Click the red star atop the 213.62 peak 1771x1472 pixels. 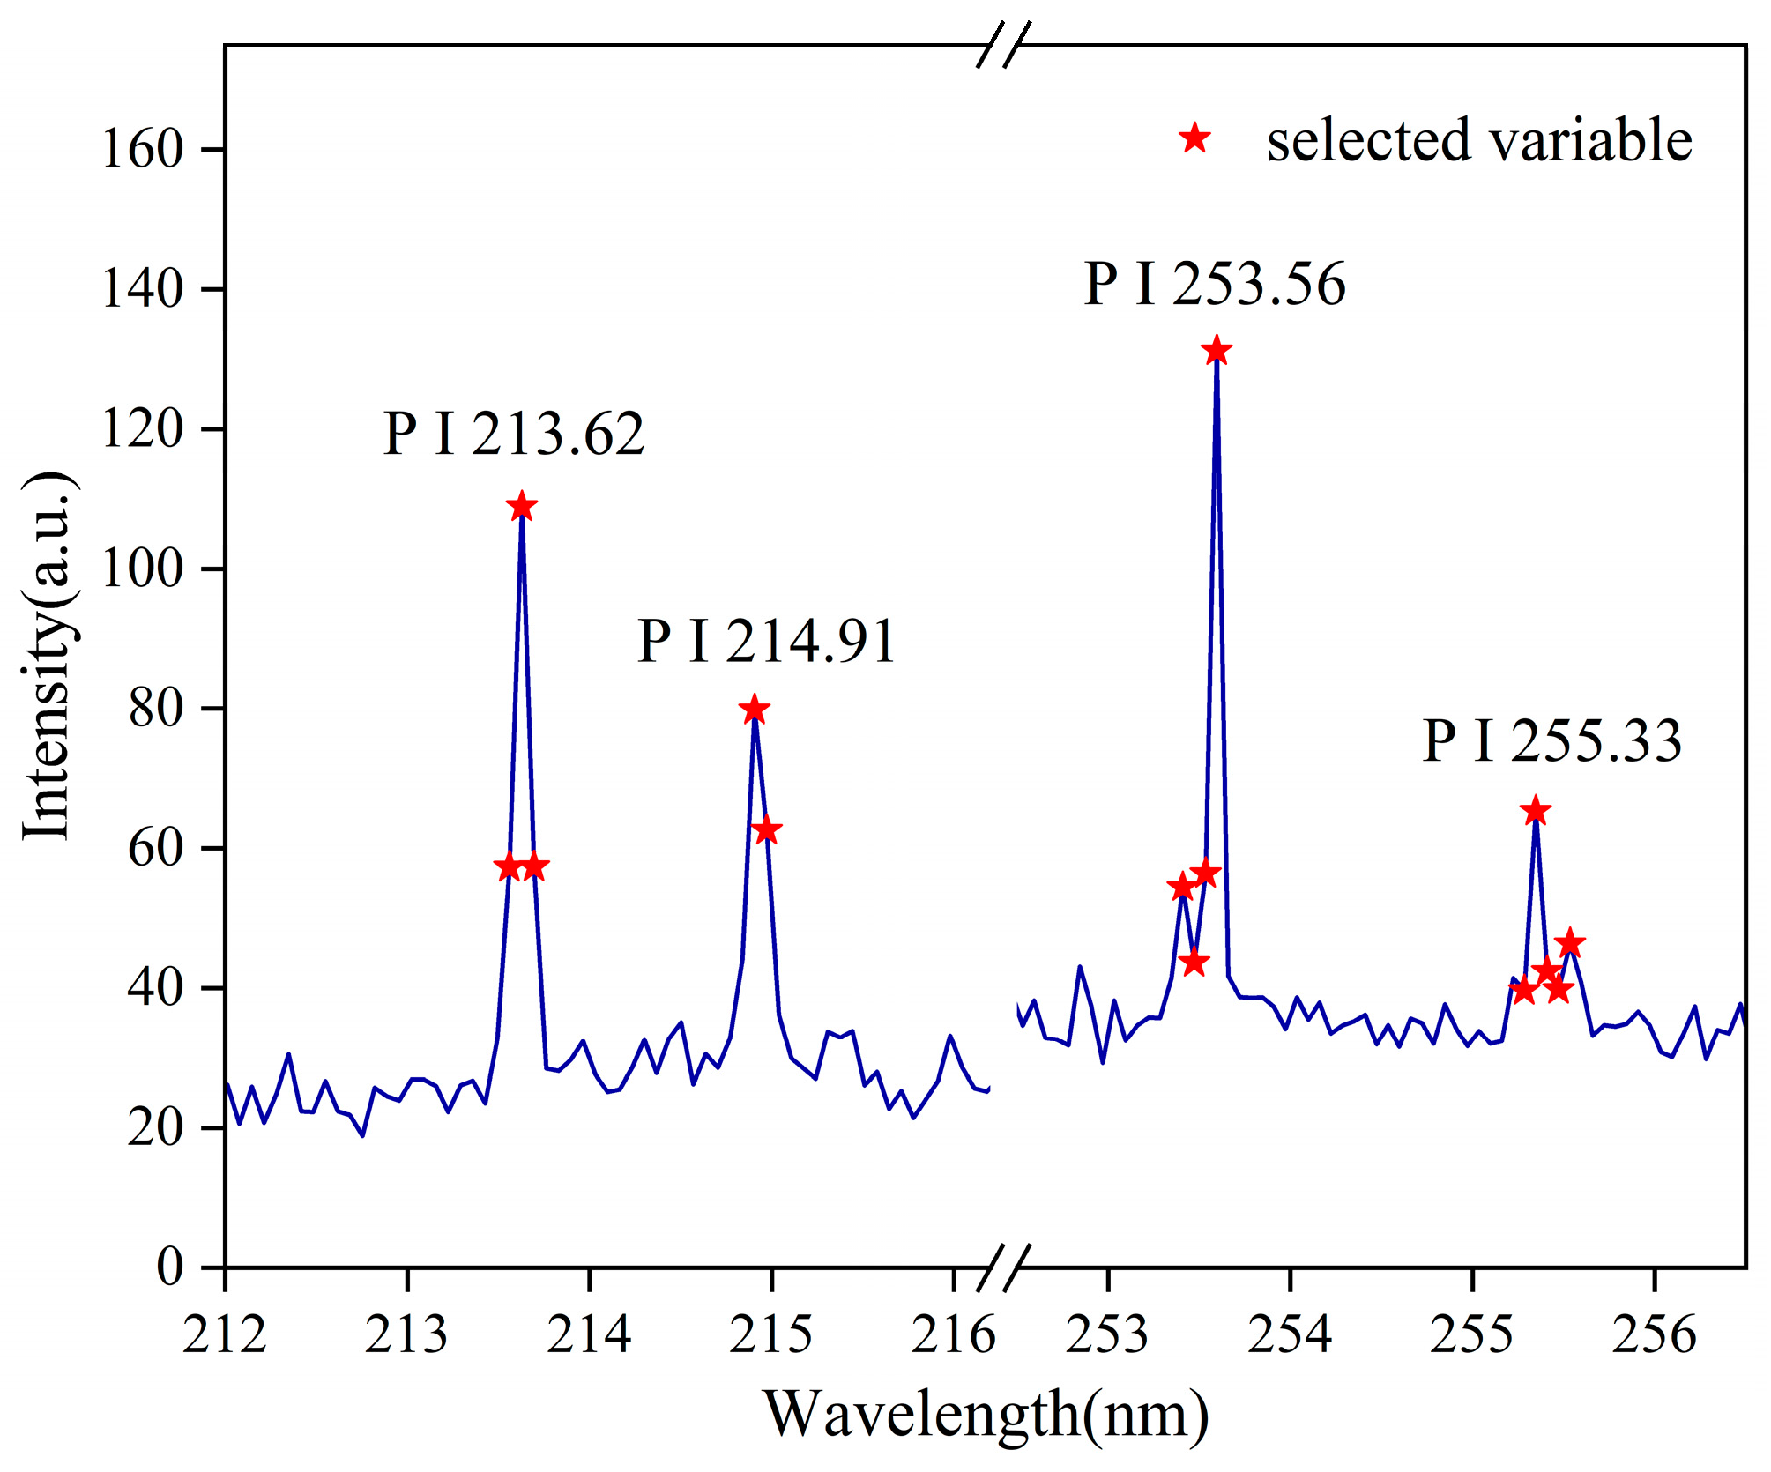[522, 506]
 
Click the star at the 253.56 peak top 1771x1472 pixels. [1217, 350]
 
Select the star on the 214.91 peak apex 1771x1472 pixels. [754, 709]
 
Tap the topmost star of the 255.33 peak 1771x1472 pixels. [1536, 810]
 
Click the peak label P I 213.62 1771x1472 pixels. [514, 434]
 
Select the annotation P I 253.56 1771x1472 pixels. [1215, 284]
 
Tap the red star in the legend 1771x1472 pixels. [1195, 138]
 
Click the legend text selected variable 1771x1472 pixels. [1479, 140]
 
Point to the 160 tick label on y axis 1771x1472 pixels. [142, 148]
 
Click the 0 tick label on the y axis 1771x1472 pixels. [169, 1267]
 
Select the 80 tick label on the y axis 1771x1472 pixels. [155, 708]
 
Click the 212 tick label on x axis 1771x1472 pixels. [225, 1334]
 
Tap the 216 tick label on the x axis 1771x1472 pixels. [953, 1334]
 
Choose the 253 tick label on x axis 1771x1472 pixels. [1107, 1334]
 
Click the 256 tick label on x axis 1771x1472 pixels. [1654, 1334]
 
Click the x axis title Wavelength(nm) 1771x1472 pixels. [986, 1414]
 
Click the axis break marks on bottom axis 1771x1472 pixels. [1003, 1268]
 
